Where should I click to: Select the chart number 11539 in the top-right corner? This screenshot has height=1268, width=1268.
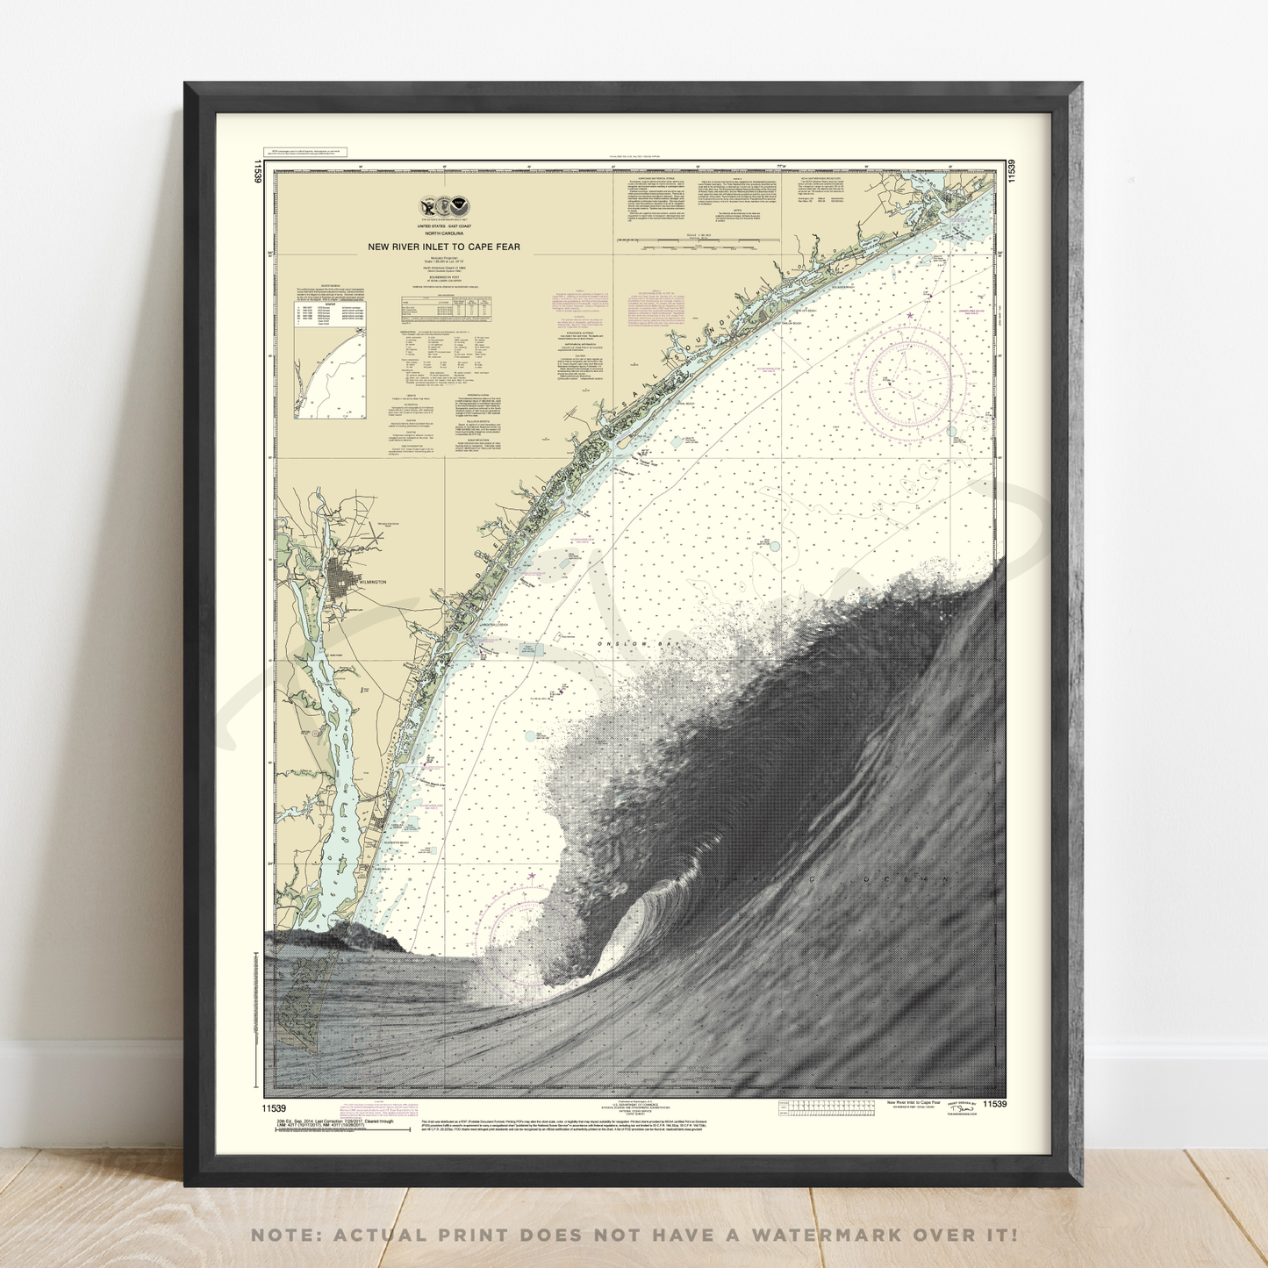1012,170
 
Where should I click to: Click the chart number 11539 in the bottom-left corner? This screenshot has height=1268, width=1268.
274,1108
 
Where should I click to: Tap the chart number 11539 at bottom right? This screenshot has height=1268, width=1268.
995,1104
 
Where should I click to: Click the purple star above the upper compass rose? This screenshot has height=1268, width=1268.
910,315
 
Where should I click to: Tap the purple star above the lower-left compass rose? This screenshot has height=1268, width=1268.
531,875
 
